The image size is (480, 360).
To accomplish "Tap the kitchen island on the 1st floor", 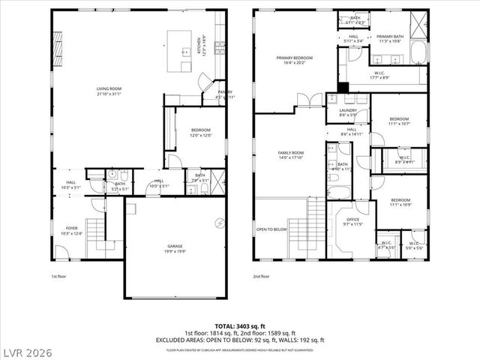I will point(181,50).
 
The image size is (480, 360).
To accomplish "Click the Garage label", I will point(175,246).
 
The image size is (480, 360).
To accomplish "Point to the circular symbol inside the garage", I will point(220,221).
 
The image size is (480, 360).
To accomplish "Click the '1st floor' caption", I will point(60,277).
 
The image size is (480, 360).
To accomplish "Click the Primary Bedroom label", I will point(294,58).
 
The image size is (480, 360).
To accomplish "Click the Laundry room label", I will point(347,111).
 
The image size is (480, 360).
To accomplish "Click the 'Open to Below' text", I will point(271,229).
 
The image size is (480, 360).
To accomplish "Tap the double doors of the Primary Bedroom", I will point(303,100).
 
